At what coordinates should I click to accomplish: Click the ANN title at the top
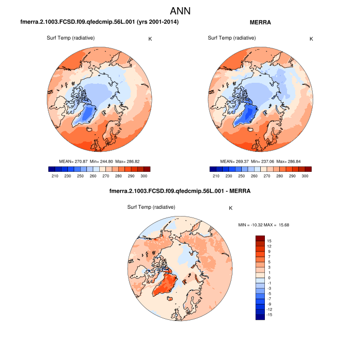[x=180, y=11]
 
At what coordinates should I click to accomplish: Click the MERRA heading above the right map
[x=260, y=23]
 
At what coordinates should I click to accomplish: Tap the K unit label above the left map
[x=150, y=39]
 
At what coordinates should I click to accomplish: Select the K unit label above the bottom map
[x=230, y=208]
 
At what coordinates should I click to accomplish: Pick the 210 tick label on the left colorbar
[x=54, y=176]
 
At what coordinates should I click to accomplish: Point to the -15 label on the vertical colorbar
[x=269, y=314]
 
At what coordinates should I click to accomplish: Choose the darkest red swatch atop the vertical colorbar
[x=260, y=238]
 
